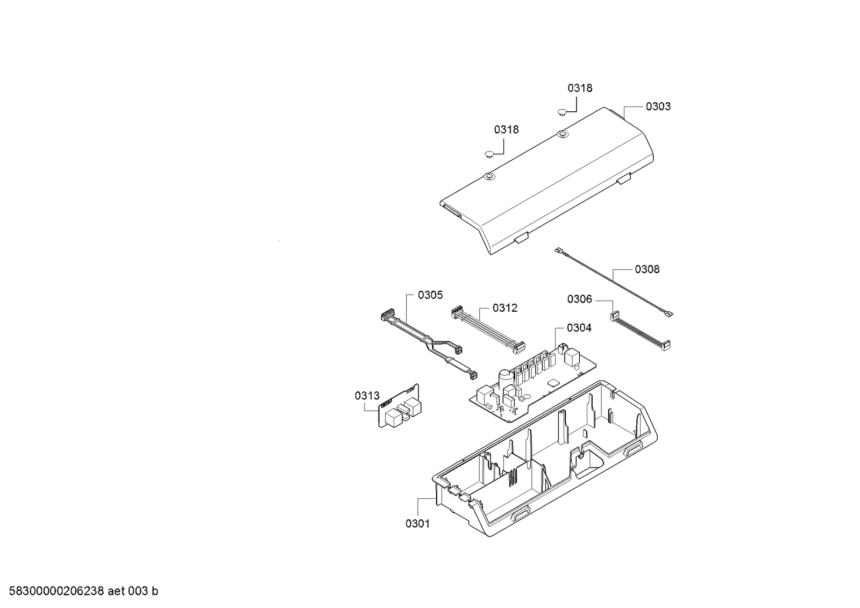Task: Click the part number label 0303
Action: tap(658, 106)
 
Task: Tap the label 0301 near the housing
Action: tap(417, 523)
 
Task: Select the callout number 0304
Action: tap(579, 327)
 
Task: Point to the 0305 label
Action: tap(430, 295)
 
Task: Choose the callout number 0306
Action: tap(579, 299)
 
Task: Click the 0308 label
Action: tap(647, 269)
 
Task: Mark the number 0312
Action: tap(505, 307)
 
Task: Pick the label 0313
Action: tap(367, 396)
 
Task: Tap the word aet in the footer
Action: tap(117, 591)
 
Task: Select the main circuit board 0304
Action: tap(538, 382)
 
